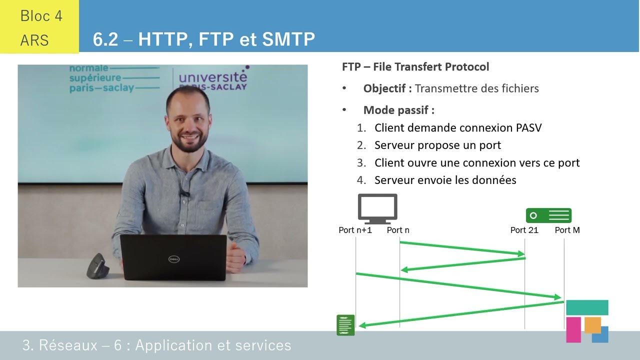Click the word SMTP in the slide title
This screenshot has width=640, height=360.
(290, 39)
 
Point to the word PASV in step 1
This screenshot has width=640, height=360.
(528, 127)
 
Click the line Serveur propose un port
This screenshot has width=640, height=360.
(437, 145)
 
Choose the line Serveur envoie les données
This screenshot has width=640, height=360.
(445, 180)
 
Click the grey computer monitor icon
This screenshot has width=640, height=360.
(377, 208)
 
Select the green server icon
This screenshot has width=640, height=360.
(548, 215)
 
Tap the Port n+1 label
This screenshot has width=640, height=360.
(355, 230)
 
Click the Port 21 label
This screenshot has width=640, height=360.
(524, 230)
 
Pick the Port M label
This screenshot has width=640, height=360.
(567, 230)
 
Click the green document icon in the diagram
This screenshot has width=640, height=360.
(346, 325)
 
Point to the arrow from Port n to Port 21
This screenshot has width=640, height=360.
(462, 248)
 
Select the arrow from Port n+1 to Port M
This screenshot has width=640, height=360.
(458, 285)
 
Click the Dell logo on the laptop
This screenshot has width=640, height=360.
(173, 258)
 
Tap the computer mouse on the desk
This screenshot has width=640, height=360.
(96, 266)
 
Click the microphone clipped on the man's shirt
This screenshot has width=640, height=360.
(184, 192)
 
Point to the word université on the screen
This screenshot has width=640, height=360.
(212, 77)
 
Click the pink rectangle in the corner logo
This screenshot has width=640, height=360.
(573, 329)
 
